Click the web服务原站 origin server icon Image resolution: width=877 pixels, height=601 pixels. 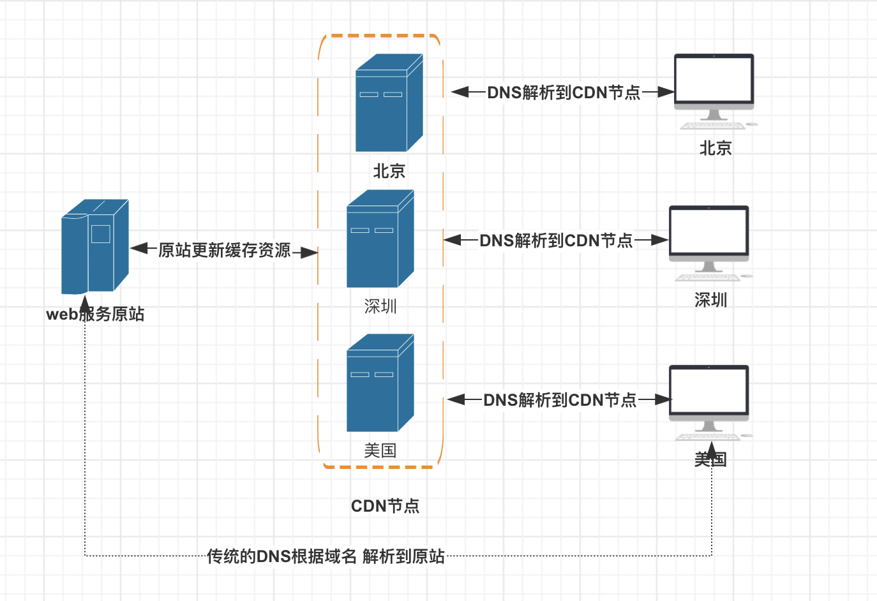click(95, 246)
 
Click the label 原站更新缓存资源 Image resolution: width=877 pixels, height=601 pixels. click(225, 250)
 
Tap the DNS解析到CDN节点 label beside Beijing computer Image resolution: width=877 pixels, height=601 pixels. click(564, 93)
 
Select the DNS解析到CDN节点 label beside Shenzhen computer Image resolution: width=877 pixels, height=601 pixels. click(556, 241)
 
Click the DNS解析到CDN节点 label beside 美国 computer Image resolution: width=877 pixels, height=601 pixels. click(560, 400)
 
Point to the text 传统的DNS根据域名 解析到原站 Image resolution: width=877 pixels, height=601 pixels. click(326, 556)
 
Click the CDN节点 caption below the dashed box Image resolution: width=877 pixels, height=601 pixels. click(385, 506)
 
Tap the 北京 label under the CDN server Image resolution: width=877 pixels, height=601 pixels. click(389, 171)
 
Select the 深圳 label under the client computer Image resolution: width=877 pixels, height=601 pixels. click(710, 300)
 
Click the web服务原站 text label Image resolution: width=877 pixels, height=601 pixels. click(95, 314)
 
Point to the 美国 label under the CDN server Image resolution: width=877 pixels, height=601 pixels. click(380, 450)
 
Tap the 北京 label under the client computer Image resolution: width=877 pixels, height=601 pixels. click(716, 148)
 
